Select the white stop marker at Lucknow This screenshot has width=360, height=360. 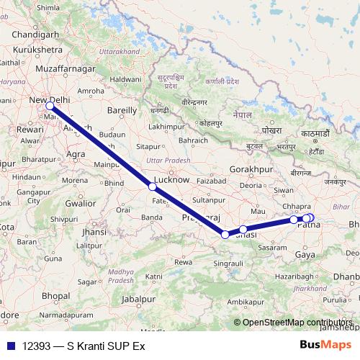point(152,186)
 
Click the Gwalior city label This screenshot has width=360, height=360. point(80,203)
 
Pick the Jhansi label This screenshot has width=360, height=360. point(94,232)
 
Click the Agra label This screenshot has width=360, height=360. point(76,153)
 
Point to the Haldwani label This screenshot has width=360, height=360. point(125,77)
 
